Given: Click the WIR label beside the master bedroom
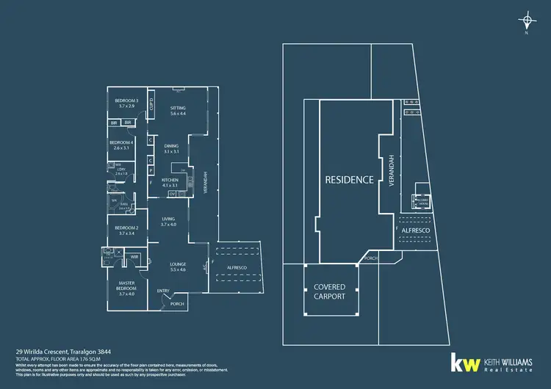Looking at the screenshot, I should point(134,258).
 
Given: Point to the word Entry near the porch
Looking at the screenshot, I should point(163,291).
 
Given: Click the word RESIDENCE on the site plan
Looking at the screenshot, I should point(350,179).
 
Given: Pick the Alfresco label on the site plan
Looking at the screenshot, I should point(416,230).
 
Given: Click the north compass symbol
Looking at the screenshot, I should point(526,21).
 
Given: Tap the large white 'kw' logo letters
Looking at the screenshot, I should point(464,362).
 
